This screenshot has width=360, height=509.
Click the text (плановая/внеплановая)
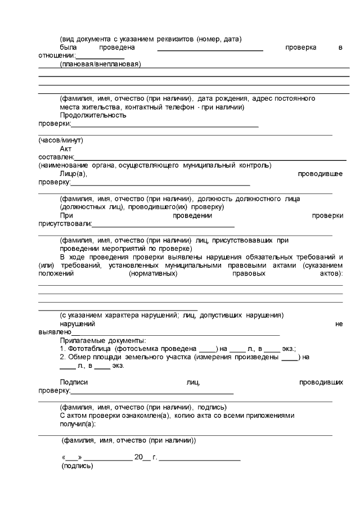[x=100, y=64]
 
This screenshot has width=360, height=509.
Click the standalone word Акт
[x=66, y=148]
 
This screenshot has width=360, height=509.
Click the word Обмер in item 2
[x=79, y=357]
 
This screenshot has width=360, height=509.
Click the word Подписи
[x=75, y=382]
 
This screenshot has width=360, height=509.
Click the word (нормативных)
[x=153, y=273]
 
